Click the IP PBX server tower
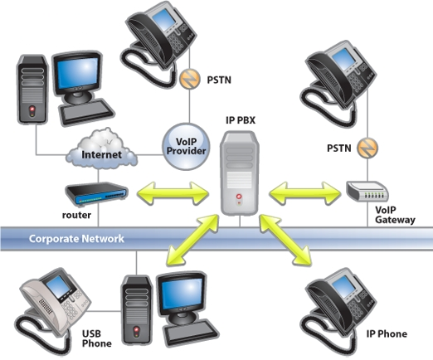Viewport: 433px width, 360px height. (x=240, y=173)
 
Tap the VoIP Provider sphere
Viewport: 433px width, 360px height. (x=186, y=147)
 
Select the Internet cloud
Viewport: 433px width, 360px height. (x=101, y=149)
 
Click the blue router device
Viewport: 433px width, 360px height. (x=96, y=194)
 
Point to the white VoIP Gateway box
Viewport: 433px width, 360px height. (x=367, y=191)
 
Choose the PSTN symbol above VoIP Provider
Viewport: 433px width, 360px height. (x=190, y=79)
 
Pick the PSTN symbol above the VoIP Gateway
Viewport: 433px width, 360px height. (x=367, y=148)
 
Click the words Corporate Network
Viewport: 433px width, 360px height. (x=76, y=239)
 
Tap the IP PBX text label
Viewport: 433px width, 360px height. (x=241, y=120)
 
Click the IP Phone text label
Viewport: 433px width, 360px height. (x=387, y=333)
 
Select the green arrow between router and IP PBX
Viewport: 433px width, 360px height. (x=173, y=193)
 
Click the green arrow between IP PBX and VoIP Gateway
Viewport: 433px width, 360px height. (x=304, y=193)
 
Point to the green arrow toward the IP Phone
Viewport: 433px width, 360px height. (x=285, y=240)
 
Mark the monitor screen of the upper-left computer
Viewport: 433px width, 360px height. (x=78, y=73)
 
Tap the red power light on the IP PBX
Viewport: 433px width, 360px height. (x=239, y=197)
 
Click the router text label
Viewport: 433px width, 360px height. (x=76, y=215)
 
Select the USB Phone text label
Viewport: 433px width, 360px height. (x=97, y=338)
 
